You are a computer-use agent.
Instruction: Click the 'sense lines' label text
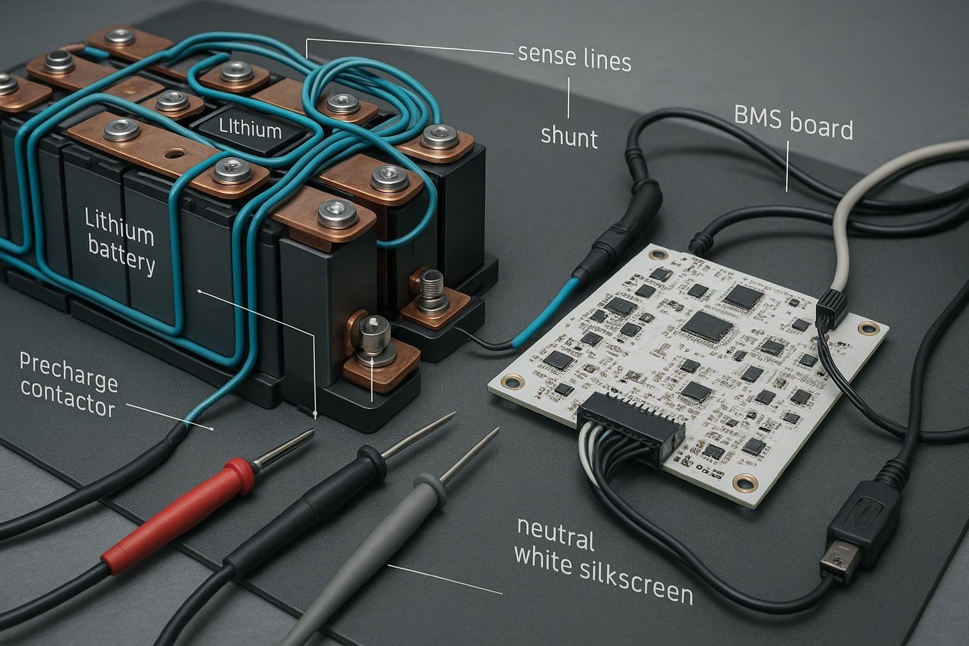(x=574, y=58)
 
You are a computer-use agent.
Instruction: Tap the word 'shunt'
(x=569, y=136)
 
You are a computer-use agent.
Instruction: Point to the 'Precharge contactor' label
(x=68, y=385)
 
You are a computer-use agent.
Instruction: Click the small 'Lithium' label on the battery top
(x=250, y=129)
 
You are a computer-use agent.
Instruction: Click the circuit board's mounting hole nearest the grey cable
(x=869, y=327)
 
